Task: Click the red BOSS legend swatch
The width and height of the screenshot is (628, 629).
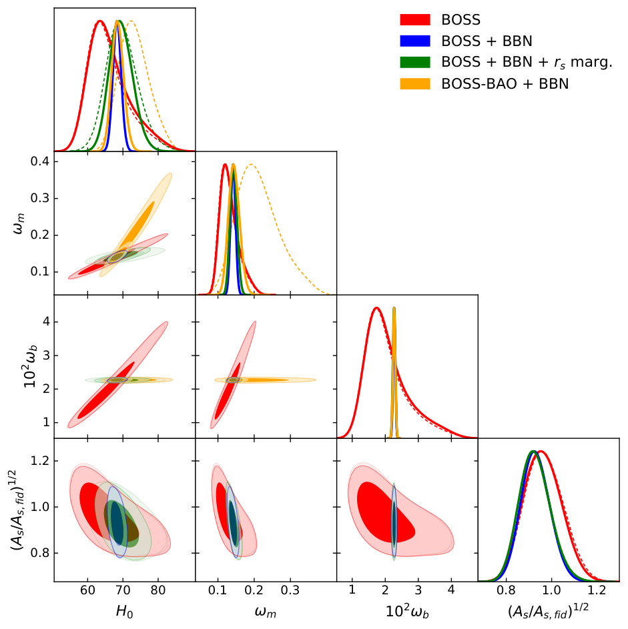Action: (415, 19)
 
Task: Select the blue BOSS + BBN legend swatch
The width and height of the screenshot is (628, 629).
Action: (415, 41)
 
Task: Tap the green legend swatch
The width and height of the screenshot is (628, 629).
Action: (415, 62)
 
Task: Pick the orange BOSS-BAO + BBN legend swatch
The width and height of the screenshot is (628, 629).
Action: (415, 83)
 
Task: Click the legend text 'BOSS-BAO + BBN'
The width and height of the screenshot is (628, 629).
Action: (505, 84)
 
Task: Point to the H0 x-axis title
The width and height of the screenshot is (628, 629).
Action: (124, 612)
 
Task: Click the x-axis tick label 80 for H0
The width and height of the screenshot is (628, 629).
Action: (158, 590)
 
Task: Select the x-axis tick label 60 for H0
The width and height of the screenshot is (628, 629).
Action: (87, 590)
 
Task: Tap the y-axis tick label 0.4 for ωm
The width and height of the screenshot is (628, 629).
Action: (39, 161)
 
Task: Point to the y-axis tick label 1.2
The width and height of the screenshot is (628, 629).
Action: (39, 460)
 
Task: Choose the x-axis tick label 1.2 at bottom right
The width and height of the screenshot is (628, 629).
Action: (597, 590)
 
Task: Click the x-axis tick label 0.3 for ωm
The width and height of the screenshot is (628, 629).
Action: (290, 590)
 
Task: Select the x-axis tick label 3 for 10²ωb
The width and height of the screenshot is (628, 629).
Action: (418, 590)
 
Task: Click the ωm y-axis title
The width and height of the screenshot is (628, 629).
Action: (19, 223)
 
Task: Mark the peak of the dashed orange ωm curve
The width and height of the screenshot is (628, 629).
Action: (251, 165)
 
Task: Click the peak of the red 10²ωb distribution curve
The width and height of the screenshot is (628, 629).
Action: (376, 307)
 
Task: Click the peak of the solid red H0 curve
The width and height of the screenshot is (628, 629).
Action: (99, 21)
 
